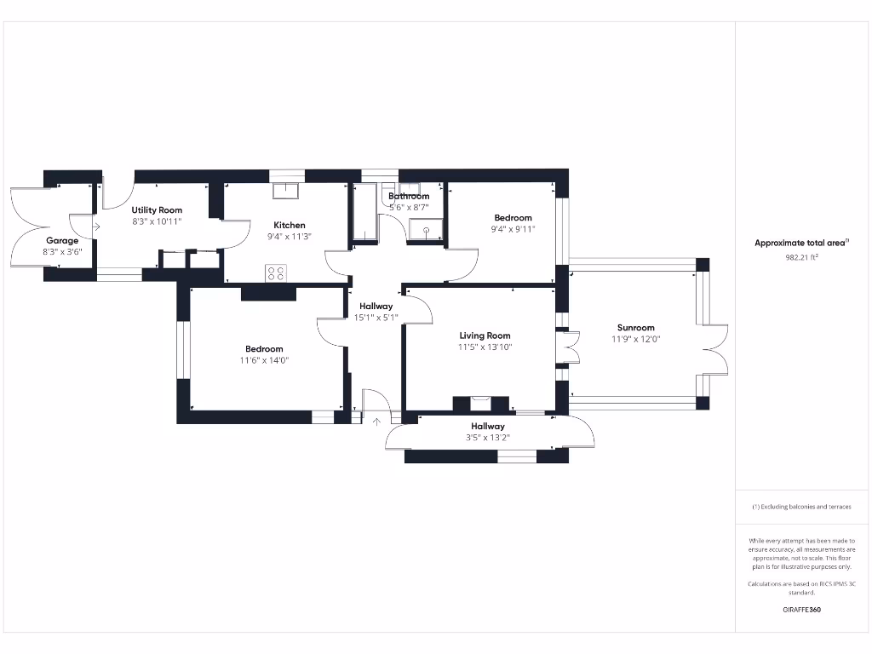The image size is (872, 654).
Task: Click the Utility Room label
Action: (x=157, y=209)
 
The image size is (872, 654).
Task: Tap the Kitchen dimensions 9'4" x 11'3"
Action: (x=290, y=237)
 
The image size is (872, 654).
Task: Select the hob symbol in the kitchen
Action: (x=277, y=273)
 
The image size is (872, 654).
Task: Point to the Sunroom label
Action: (x=636, y=328)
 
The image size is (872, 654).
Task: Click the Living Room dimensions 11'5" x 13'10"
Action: (x=485, y=347)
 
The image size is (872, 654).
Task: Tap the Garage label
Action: (x=62, y=241)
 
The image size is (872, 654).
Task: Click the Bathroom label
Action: (x=409, y=196)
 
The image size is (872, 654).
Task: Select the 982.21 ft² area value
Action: (x=801, y=256)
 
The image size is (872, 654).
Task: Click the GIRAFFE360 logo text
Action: (x=801, y=610)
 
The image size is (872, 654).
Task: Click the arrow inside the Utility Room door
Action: (x=96, y=227)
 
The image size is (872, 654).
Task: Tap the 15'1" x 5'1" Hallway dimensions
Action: (x=376, y=318)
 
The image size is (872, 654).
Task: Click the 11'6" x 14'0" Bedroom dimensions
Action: (x=264, y=360)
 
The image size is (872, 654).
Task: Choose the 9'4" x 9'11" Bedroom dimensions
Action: (x=513, y=229)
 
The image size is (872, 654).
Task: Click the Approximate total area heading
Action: (x=801, y=243)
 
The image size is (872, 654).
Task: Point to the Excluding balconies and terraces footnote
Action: (x=801, y=507)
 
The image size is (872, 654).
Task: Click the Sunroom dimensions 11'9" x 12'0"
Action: (x=636, y=339)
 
